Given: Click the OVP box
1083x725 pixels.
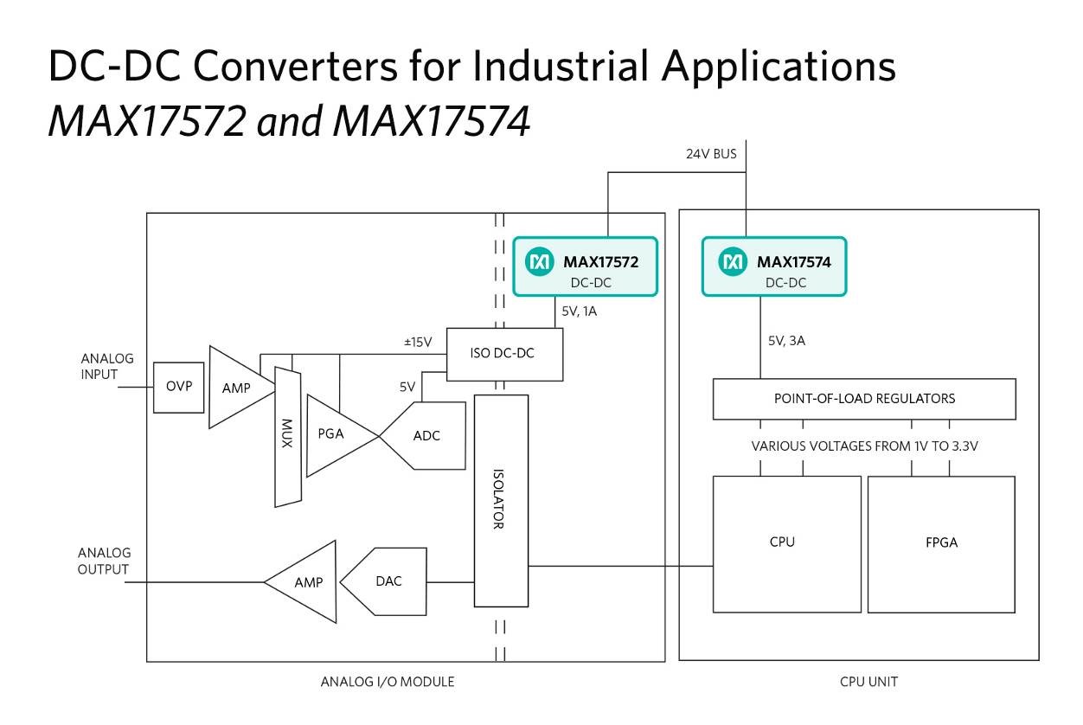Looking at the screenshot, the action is coord(179,388).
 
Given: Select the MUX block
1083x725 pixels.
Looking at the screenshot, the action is coord(288,437).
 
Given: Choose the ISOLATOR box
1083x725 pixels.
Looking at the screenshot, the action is coord(502,501).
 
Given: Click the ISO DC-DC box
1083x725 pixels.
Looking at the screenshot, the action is coord(505,355).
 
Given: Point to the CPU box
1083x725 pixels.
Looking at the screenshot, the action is coord(787,544).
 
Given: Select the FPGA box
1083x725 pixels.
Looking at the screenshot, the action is coord(941,544).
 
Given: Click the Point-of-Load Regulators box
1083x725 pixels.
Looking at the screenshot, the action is coord(864,399).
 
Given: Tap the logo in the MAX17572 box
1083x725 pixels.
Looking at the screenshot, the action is coord(540,261).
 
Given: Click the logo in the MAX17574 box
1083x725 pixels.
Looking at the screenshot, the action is coord(733,261).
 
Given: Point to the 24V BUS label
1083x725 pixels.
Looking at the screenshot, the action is coord(711,154).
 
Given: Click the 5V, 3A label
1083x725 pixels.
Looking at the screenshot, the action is coord(786,341).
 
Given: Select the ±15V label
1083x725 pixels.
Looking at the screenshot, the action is coord(418,343).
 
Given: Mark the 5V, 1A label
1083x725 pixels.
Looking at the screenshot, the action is coord(580,311).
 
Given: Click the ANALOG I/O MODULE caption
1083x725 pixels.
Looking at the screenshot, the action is coord(388,682).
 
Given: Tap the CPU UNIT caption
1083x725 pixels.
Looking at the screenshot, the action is coord(868,682).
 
